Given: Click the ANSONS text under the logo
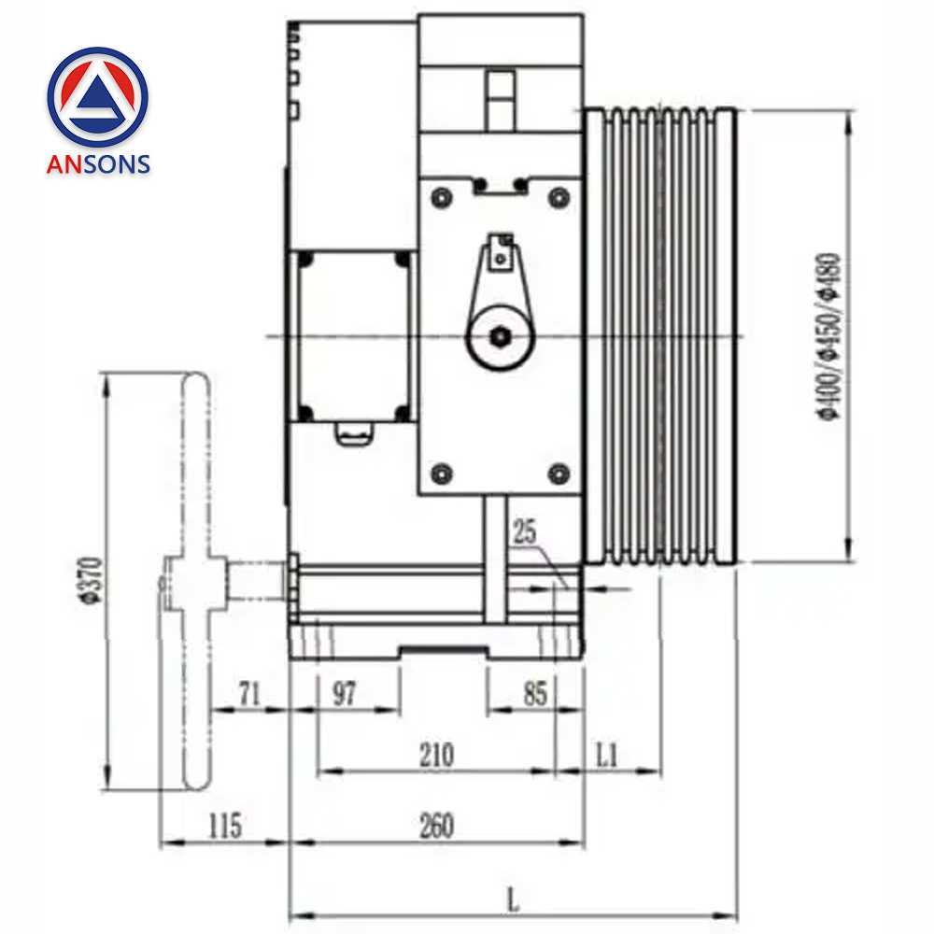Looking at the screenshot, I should point(98,164).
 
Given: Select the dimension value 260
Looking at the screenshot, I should point(436,826).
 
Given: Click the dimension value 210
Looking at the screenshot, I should point(436,754).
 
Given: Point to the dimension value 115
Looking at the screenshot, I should point(223,826).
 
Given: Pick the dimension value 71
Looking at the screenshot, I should point(248,693).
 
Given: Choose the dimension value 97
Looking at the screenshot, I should point(345,693).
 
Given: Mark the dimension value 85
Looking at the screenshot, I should point(534,693).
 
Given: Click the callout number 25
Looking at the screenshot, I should point(525,533).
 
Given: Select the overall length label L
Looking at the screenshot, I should point(512,900).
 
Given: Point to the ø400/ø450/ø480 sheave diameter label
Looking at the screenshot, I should point(829,336).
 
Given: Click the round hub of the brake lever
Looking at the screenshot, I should point(502,337).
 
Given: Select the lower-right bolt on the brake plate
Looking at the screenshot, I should point(559,473).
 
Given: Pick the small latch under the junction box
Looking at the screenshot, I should point(354,431).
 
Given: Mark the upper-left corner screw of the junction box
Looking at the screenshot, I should point(304,259).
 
